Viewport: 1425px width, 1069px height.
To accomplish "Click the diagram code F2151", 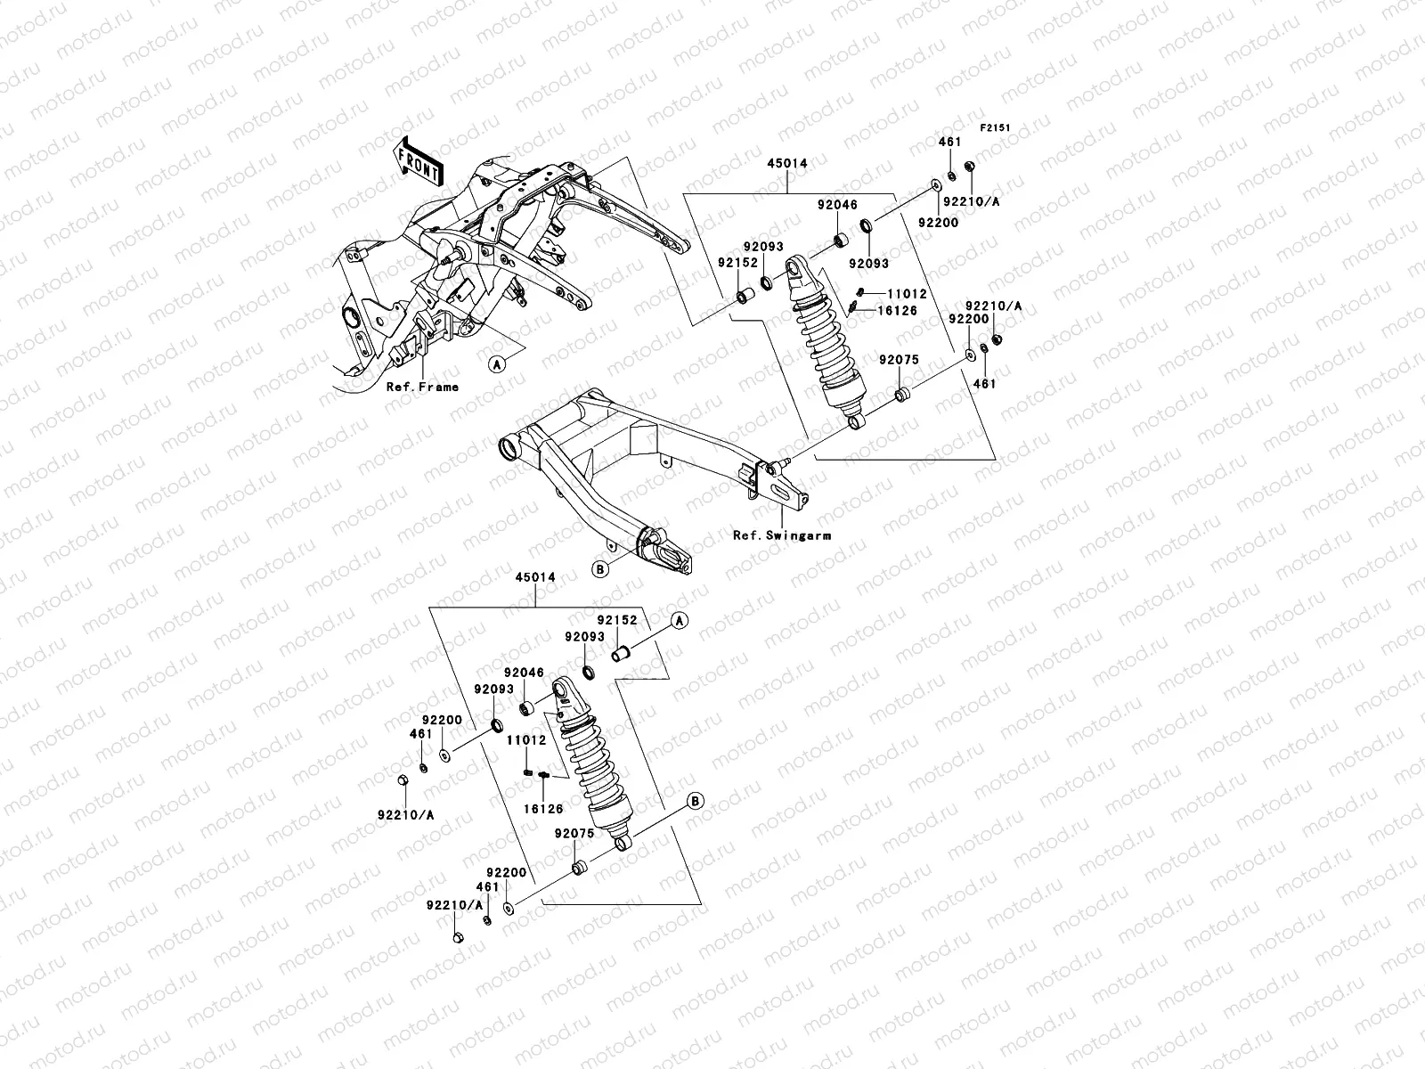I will tap(996, 128).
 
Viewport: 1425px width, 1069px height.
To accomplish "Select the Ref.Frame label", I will tap(422, 388).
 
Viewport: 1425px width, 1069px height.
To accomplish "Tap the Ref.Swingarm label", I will tap(782, 535).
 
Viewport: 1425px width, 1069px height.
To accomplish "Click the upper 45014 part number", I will tap(788, 163).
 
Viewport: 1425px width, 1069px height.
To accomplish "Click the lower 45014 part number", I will tap(535, 577).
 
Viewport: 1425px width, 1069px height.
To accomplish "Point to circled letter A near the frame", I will tap(496, 363).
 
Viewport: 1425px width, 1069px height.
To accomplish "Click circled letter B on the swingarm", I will tap(600, 568).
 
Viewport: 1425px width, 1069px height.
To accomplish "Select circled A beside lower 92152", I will tap(679, 621).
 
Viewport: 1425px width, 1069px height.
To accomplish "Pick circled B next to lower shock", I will tap(696, 802).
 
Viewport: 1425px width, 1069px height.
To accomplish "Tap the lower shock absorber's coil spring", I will tap(588, 757).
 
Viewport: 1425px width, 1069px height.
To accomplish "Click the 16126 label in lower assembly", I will tap(542, 809).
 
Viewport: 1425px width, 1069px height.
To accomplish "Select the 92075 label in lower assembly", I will tap(573, 834).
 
